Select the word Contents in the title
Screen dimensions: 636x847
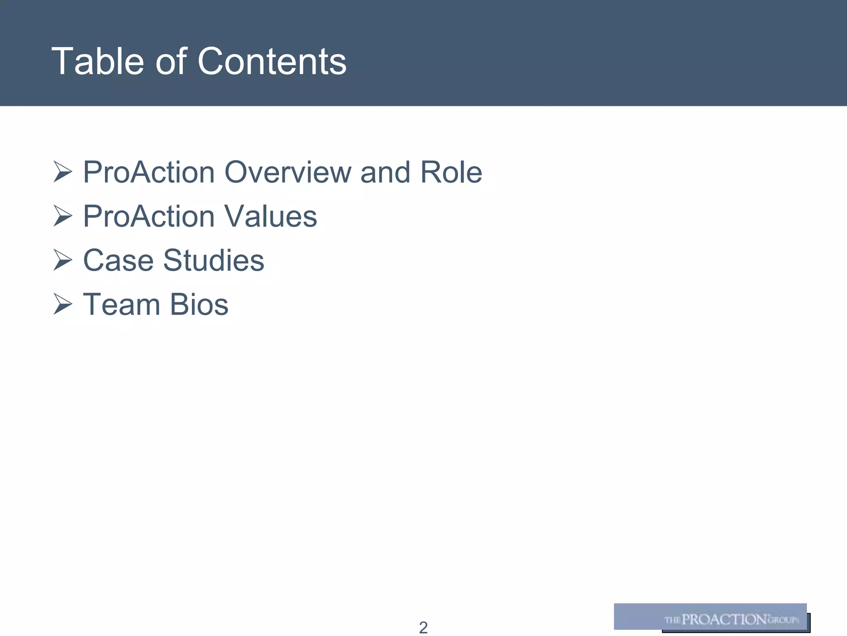(272, 61)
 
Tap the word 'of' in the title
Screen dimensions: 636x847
(171, 61)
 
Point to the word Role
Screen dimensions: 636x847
(451, 172)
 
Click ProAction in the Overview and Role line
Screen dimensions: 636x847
(149, 172)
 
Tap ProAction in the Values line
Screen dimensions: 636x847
(149, 216)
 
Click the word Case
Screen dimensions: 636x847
(118, 260)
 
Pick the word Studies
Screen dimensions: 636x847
(213, 260)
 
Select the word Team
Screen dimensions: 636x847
(122, 305)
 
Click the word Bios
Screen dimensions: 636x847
(199, 305)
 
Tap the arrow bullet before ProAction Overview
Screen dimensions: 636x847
(62, 172)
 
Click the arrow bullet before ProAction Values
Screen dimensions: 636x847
(62, 217)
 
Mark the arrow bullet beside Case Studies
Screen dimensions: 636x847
(62, 261)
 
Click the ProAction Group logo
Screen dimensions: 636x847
(711, 618)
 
